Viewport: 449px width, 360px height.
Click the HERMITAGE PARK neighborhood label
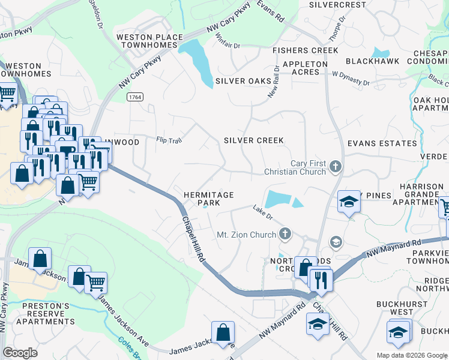point(208,199)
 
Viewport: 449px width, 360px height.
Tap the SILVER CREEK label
point(253,140)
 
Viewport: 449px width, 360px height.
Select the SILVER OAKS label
point(243,81)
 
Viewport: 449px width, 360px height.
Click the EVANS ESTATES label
point(382,143)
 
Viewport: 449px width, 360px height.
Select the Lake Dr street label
point(262,211)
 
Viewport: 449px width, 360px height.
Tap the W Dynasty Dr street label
point(351,79)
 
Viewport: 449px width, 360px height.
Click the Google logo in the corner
point(20,352)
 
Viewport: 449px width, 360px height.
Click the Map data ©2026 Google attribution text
point(412,355)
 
